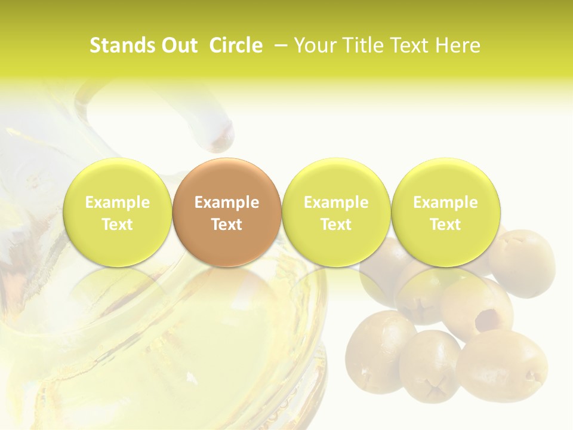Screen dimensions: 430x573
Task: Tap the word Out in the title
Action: coord(178,45)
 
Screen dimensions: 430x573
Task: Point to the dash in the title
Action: coord(278,46)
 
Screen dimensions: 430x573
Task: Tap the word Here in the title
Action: coord(457,45)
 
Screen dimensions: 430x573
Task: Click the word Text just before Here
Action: coord(409,45)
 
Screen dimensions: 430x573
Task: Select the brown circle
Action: coord(227,213)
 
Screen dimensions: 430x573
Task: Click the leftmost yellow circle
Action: coord(117,213)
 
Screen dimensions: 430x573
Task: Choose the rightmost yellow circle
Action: coord(445,213)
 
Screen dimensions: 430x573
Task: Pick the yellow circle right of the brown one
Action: coord(336,213)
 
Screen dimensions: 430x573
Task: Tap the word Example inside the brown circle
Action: coord(227,202)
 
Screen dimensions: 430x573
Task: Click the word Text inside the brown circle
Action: coord(227,225)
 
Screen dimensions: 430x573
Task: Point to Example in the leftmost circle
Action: coord(117,202)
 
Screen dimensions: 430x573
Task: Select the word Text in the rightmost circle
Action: coord(445,225)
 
